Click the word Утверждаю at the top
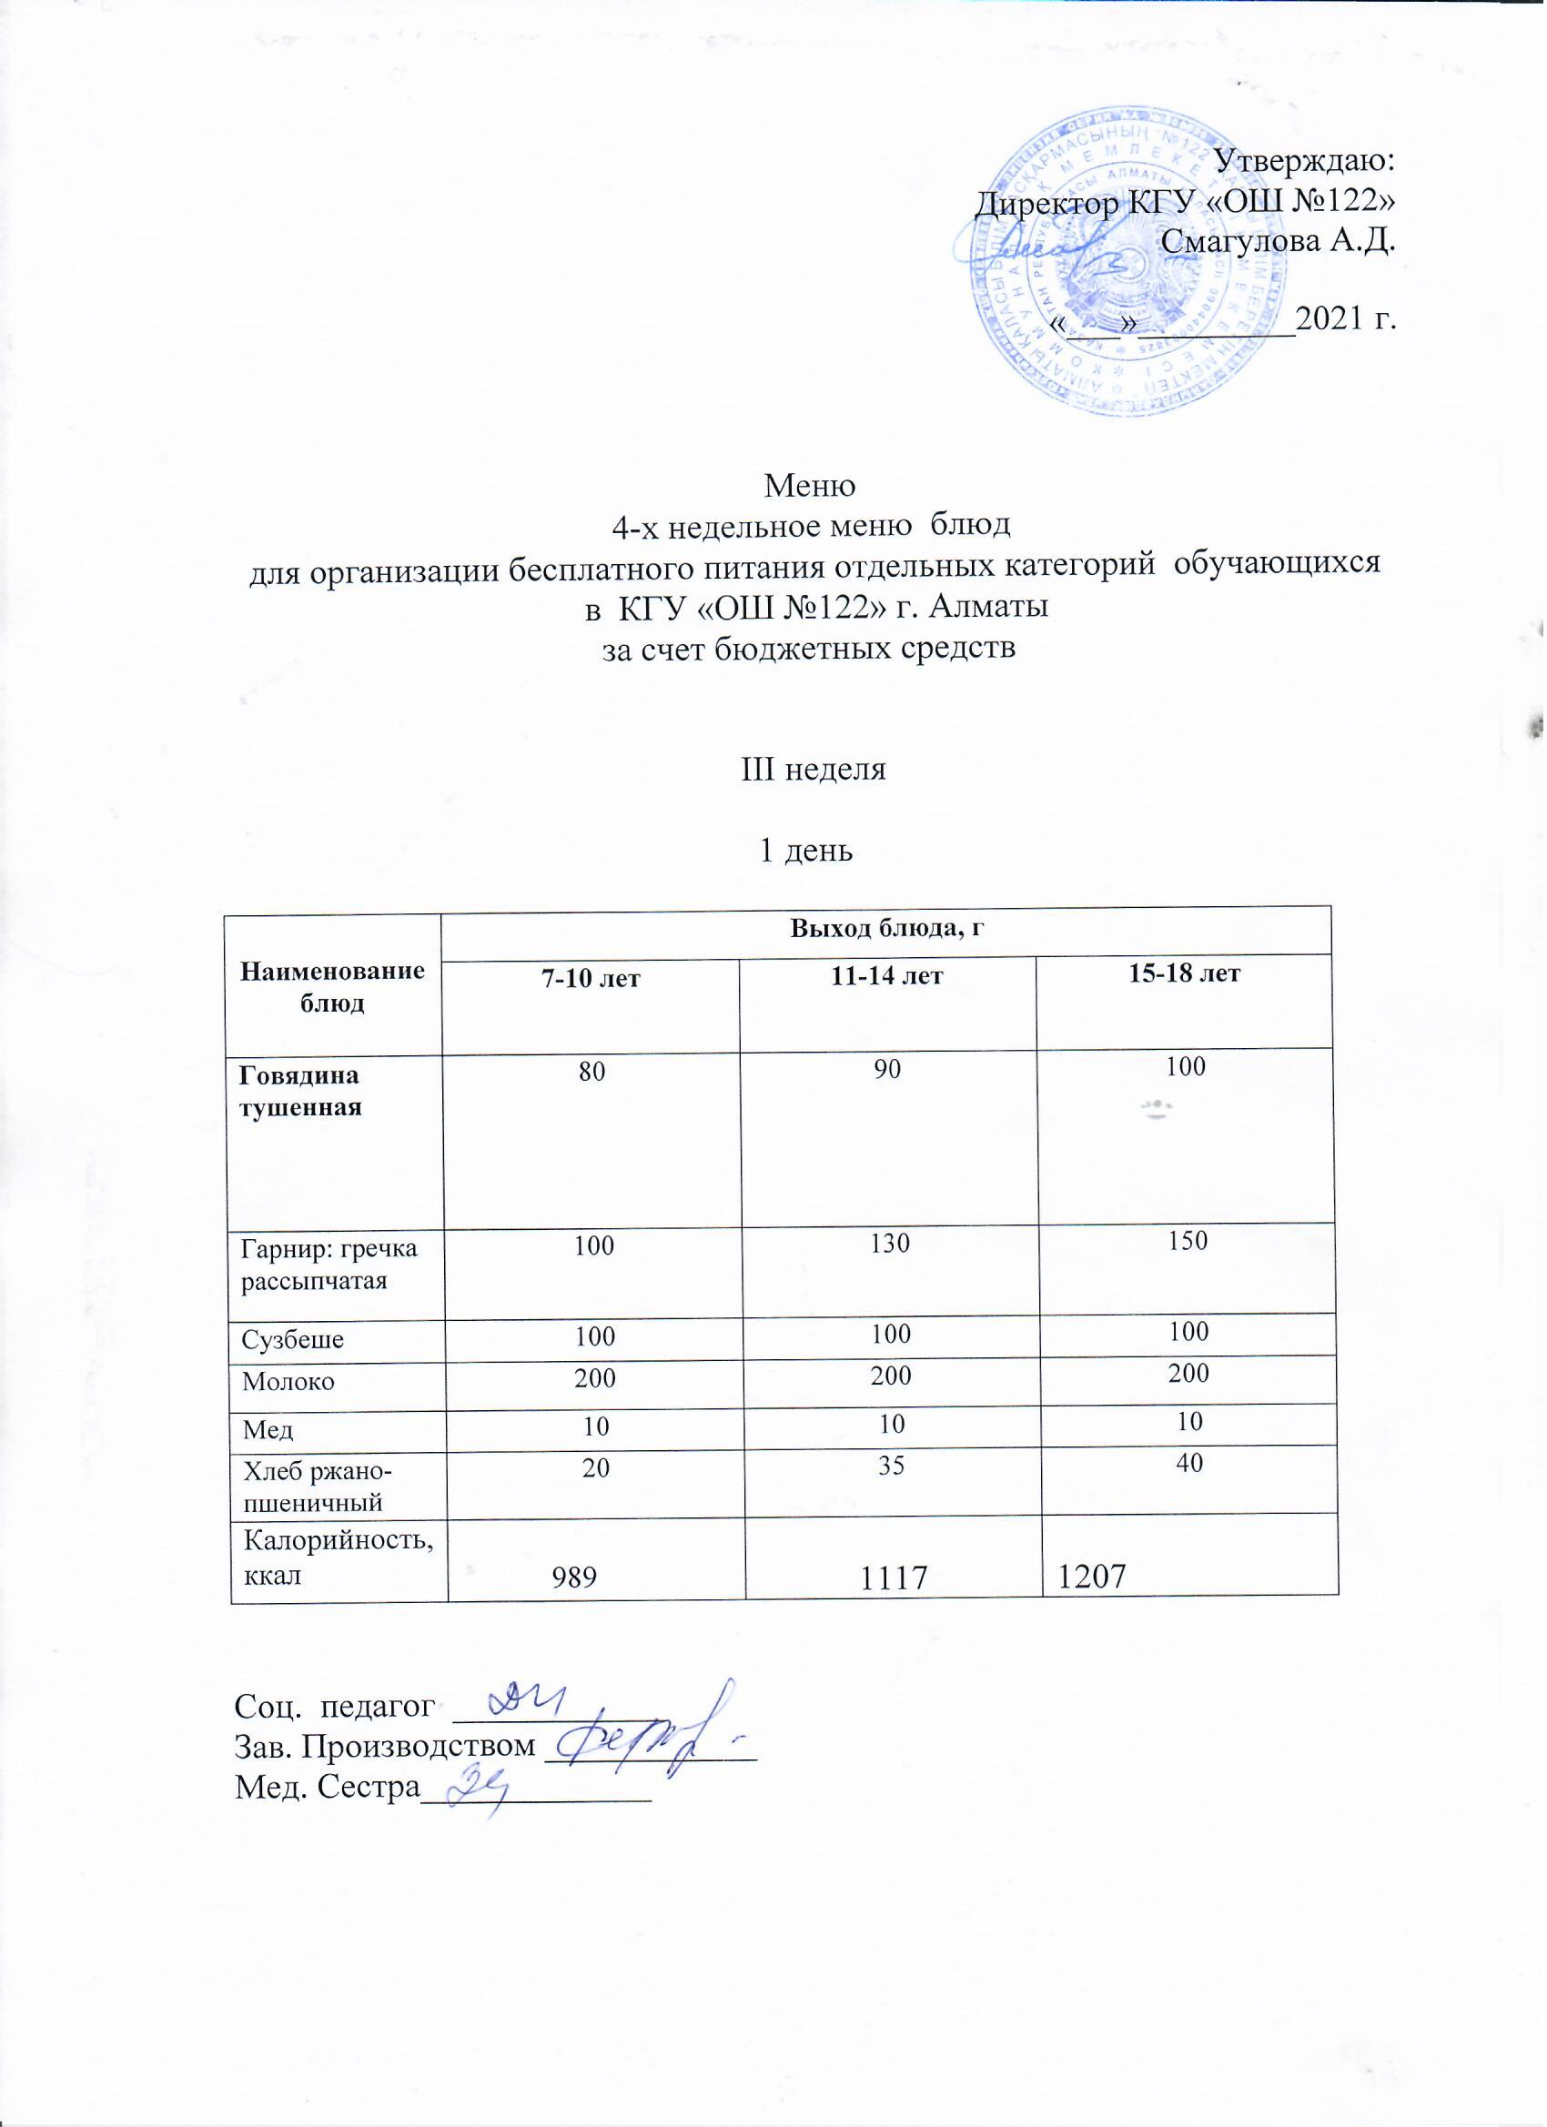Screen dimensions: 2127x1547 [1305, 161]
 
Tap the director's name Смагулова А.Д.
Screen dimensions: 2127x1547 [1278, 242]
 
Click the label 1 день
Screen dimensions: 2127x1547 [806, 851]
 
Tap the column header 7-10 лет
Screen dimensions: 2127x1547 [591, 979]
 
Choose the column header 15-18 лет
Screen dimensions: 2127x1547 [1186, 974]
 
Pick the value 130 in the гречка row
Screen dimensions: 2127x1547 [889, 1245]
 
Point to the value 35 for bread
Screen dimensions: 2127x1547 [890, 1466]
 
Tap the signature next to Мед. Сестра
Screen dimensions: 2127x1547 [479, 1789]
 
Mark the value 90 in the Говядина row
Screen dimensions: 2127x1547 [887, 1069]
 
